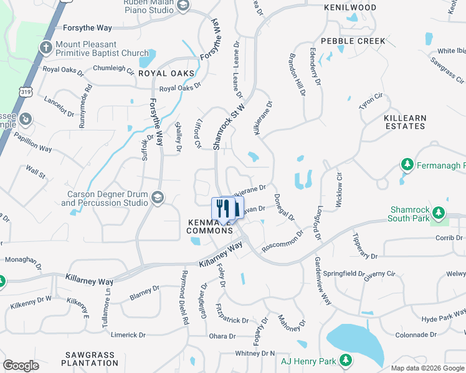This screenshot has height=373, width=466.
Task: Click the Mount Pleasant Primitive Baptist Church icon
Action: pos(45,47)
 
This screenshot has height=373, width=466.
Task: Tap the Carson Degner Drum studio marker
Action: pos(157,198)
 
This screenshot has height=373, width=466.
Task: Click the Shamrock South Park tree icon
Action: pos(439,213)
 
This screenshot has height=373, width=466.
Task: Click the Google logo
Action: pos(21,366)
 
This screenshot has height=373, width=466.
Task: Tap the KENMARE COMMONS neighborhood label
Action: pos(210,226)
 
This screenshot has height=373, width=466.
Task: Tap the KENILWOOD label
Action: pos(350,7)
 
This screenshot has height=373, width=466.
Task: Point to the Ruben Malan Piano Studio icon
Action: pos(183,6)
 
